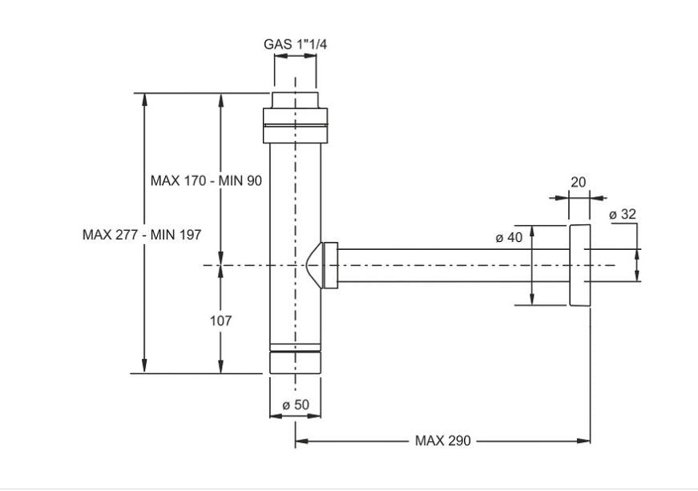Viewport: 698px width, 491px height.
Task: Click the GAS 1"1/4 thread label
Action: (295, 45)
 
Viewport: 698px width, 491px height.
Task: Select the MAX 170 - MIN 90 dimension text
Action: (206, 181)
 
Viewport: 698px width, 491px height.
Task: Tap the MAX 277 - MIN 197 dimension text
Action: (142, 235)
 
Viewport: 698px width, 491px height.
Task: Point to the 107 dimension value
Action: (221, 320)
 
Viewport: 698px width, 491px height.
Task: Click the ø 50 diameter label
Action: (296, 405)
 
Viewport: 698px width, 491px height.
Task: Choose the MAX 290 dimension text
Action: (442, 441)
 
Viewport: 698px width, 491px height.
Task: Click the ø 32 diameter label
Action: (622, 214)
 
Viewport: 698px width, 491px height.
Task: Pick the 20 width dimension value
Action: (578, 183)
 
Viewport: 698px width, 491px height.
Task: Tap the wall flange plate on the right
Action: (579, 265)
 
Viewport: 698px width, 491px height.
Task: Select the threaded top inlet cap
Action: (296, 101)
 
